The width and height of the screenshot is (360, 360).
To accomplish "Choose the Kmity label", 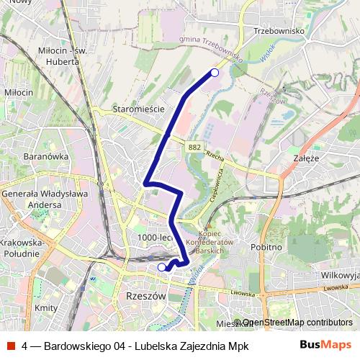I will tap(46, 307).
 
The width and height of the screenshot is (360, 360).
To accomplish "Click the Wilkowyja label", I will tap(339, 274).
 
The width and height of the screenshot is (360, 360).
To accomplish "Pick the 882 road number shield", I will tap(195, 145).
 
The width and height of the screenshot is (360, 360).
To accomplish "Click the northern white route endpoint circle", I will tap(214, 72).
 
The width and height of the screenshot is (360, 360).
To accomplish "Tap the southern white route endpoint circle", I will tap(161, 267).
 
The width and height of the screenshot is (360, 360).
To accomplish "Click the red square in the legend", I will tap(11, 345).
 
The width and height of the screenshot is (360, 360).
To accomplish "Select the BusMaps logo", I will tap(325, 345).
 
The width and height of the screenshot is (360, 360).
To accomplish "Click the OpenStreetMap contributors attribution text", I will tap(297, 323).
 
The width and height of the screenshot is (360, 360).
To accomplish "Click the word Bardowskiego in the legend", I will tap(78, 346).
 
